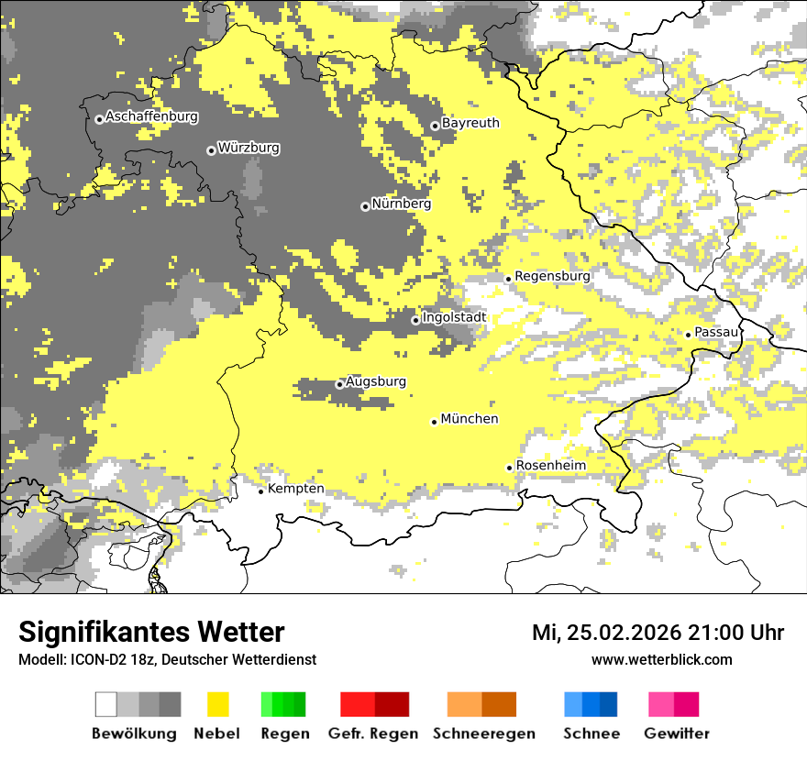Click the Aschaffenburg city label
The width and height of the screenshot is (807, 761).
coord(151,117)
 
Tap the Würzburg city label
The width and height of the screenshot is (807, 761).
coord(249,148)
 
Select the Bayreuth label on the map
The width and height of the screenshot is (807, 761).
coord(470,123)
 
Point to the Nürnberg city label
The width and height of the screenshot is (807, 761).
coord(401,204)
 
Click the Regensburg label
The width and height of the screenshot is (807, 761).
coord(552,276)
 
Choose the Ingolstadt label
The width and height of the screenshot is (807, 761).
coord(454,317)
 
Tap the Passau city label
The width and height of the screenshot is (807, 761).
coord(716,332)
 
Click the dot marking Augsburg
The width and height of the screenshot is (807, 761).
coord(339,384)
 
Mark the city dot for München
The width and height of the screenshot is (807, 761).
coord(435,422)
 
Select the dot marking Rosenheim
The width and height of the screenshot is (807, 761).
coord(510,468)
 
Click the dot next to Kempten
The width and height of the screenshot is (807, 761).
coord(261,491)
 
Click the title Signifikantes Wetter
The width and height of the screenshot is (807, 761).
coord(151,633)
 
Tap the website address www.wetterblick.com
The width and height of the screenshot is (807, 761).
coord(661,659)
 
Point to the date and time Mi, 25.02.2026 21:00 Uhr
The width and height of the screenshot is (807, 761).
coord(658,633)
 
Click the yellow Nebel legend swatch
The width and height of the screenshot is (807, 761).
coord(217,704)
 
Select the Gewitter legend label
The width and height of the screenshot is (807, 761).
coord(676,733)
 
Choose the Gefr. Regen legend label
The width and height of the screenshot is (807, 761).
coord(373,733)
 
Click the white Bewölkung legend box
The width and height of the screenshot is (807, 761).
coord(106,704)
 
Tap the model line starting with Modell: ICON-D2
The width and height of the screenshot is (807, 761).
coord(167,659)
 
